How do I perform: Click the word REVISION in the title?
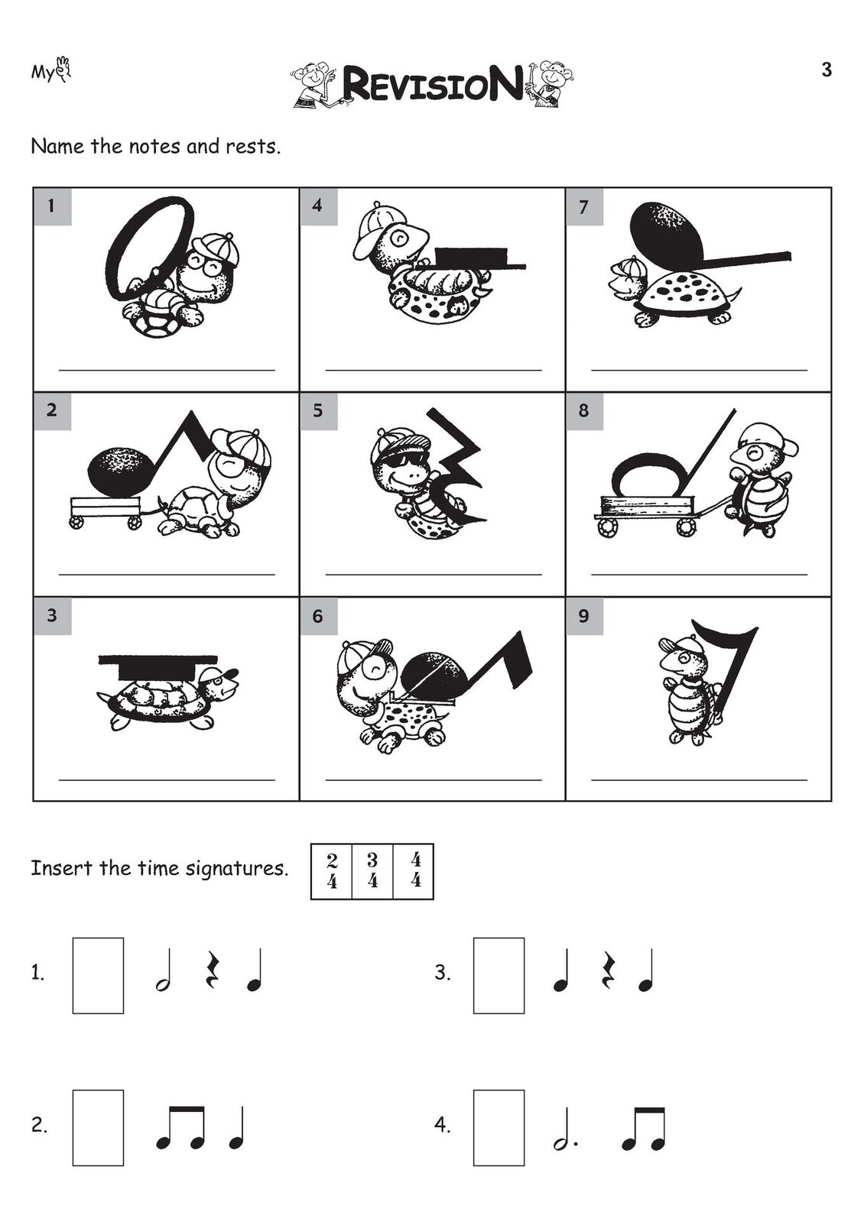[431, 84]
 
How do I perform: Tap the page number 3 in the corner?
[827, 70]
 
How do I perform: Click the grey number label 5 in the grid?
[318, 411]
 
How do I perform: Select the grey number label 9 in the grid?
[584, 616]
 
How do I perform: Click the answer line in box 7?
[699, 371]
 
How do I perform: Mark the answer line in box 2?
[167, 575]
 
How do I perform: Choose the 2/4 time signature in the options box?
[332, 871]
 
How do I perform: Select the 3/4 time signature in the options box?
[372, 871]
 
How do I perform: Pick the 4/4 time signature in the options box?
[416, 871]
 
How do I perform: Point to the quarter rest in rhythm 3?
[607, 971]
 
